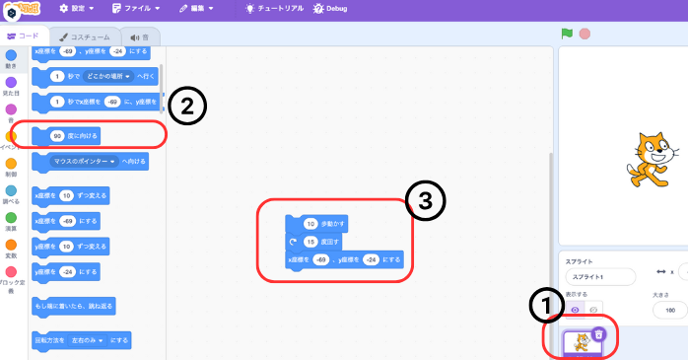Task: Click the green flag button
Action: click(x=567, y=33)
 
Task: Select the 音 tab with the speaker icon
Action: click(x=141, y=36)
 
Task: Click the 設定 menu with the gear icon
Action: click(x=73, y=8)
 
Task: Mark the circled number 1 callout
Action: click(x=543, y=308)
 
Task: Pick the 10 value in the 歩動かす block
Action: click(x=310, y=223)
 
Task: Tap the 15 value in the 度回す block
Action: click(x=310, y=241)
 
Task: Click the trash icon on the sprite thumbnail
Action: click(x=598, y=333)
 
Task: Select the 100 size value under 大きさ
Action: click(x=670, y=310)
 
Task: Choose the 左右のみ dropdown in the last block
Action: click(x=93, y=339)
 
